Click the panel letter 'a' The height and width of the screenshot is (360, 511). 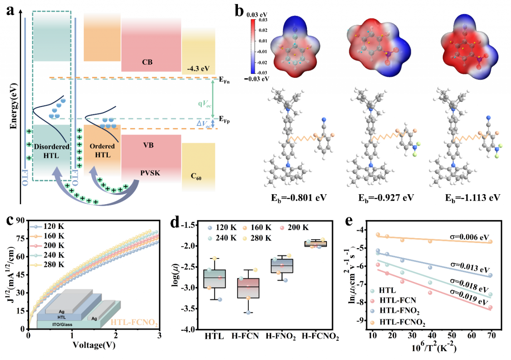10,11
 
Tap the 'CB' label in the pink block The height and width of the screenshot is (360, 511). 147,62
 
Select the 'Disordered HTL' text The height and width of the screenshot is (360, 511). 52,151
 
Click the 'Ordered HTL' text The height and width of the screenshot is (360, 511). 101,151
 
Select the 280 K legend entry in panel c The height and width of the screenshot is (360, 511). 55,266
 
